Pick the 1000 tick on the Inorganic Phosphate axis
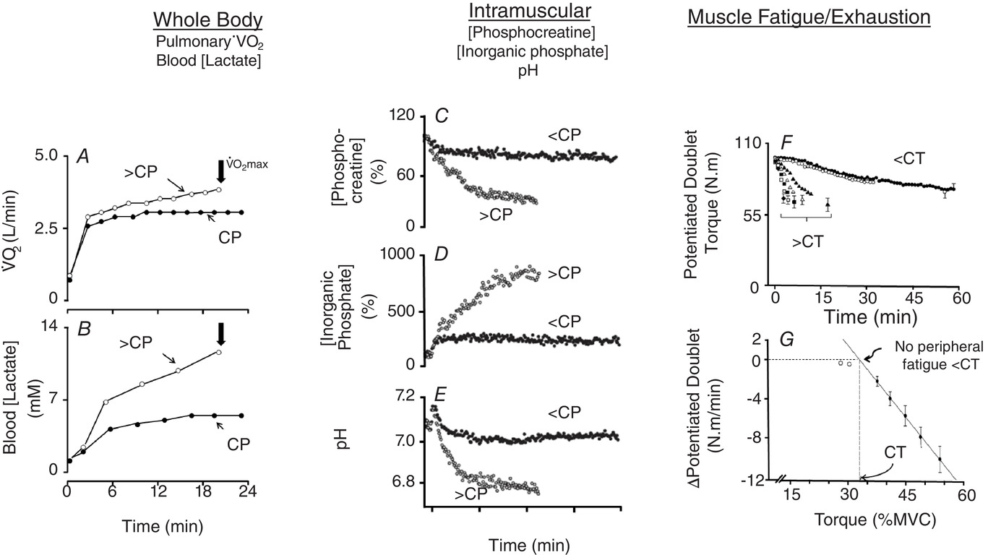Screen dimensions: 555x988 398,254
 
